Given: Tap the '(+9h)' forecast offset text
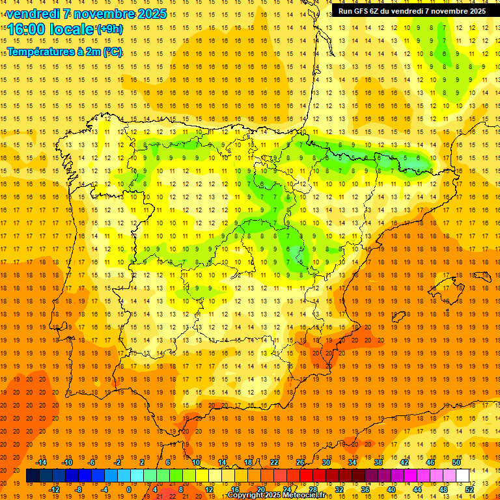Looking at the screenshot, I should click(109, 29).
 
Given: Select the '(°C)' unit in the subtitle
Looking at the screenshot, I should click(113, 52).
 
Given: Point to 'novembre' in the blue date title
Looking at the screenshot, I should click(104, 14).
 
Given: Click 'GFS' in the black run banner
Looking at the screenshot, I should click(363, 11).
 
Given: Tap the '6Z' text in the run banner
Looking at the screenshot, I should click(378, 11).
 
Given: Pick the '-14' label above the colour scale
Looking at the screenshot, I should click(41, 462).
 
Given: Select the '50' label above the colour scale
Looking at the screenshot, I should click(456, 462).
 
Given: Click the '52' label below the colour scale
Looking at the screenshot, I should click(469, 490).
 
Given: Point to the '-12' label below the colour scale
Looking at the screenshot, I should click(54, 490).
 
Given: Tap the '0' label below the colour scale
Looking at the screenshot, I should click(129, 490).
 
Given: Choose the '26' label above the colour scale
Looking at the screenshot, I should click(300, 462).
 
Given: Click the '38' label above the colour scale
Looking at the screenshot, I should click(378, 462).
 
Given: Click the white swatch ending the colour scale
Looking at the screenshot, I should click(462, 476).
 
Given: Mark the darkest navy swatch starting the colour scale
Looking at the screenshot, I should click(33, 476).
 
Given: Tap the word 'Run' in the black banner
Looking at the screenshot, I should click(345, 11).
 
